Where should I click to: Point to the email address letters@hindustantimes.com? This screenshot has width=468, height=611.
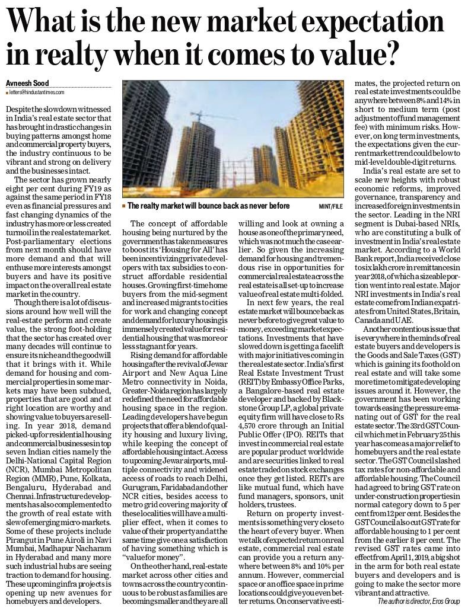[x=36, y=92]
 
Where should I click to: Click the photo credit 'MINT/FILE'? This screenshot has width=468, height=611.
[x=331, y=206]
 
